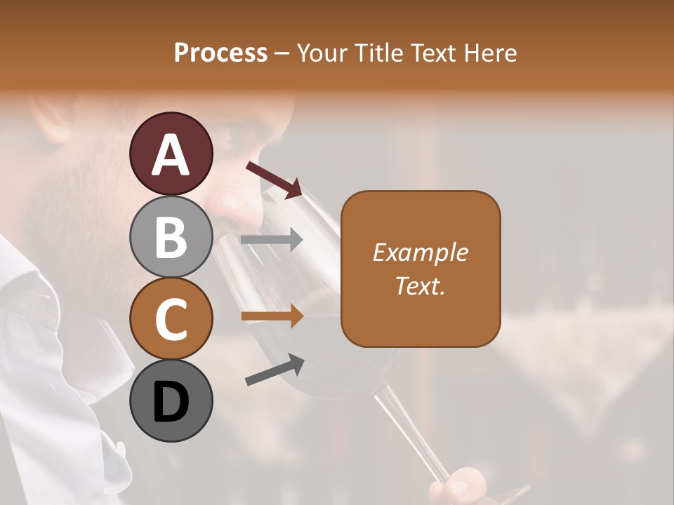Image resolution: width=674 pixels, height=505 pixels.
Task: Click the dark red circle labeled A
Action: pos(171,154)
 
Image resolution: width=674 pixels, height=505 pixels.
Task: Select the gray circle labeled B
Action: pos(171,236)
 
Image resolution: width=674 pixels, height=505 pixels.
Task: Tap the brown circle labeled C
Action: pos(171,318)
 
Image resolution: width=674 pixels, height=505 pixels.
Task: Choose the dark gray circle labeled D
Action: pos(171,400)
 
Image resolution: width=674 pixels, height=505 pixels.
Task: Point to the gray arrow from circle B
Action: pos(272,240)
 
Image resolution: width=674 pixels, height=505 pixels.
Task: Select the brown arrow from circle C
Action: pos(272,317)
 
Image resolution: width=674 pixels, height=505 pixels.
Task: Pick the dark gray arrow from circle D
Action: pos(275,370)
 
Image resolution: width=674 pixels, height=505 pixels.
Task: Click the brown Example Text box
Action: pos(421,269)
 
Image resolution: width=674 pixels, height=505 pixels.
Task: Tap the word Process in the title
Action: pos(220,53)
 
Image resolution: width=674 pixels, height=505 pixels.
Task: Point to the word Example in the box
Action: pos(421,252)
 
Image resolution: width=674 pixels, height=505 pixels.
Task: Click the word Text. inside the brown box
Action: pos(421,285)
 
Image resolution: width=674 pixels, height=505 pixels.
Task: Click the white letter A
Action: pos(171,154)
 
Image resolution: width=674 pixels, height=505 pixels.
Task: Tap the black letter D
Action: pos(171,403)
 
